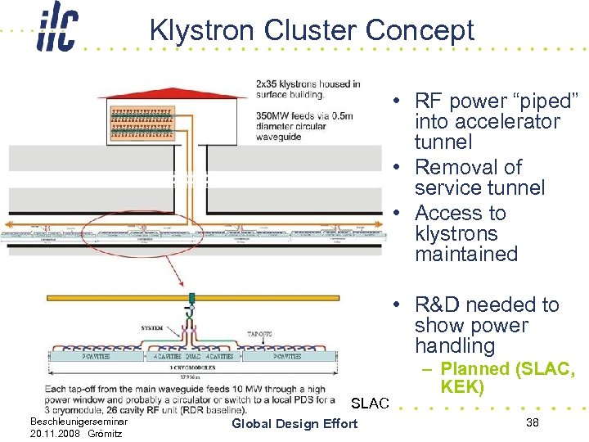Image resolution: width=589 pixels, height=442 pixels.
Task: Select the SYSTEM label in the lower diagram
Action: (152, 327)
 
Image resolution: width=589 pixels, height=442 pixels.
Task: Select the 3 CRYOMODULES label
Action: (193, 368)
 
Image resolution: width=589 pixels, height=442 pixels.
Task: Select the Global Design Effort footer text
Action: (294, 423)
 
